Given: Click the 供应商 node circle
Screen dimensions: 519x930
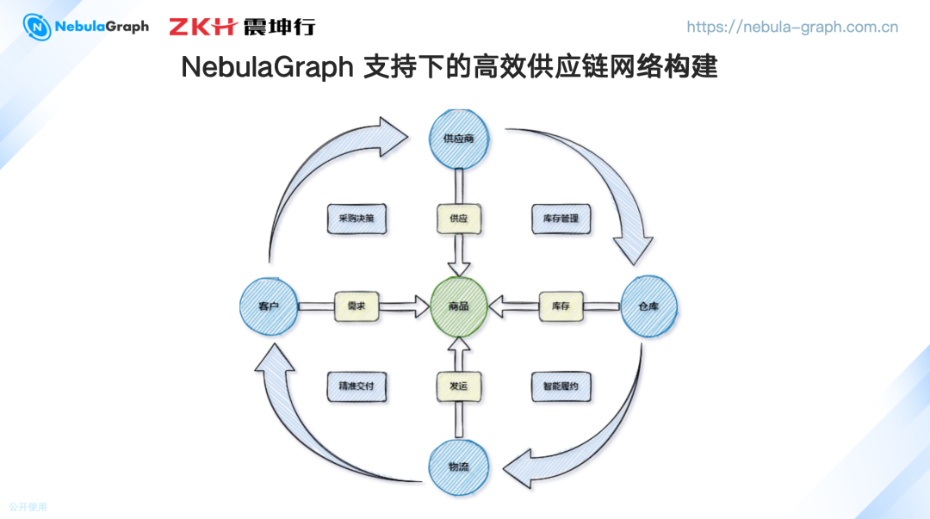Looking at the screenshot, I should coord(460,138).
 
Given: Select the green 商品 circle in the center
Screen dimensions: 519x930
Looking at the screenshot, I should coord(459,306).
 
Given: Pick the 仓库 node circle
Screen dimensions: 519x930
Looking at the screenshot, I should coord(648,306).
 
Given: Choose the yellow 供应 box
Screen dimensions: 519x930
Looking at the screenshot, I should coord(459,219).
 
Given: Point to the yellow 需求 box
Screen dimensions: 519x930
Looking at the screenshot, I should coord(356,306).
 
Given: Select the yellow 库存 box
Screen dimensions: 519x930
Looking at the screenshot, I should coord(561,306).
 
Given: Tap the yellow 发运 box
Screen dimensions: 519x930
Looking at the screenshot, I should coord(459,386).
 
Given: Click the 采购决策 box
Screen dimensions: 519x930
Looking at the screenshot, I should coord(356,219).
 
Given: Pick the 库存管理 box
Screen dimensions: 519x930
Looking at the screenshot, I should coord(561,219).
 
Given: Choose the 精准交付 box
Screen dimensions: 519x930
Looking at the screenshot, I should coord(356,386).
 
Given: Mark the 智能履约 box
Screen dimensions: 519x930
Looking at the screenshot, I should coord(561,386).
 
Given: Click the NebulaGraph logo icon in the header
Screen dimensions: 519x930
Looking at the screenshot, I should coord(37,27).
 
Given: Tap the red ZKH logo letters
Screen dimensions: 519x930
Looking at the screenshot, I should coord(201,27).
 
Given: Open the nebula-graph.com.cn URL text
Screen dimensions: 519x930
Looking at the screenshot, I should coord(792,27).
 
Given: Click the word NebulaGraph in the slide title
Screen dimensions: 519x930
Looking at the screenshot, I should coord(267,67).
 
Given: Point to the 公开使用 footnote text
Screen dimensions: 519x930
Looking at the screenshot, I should coord(28,507).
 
